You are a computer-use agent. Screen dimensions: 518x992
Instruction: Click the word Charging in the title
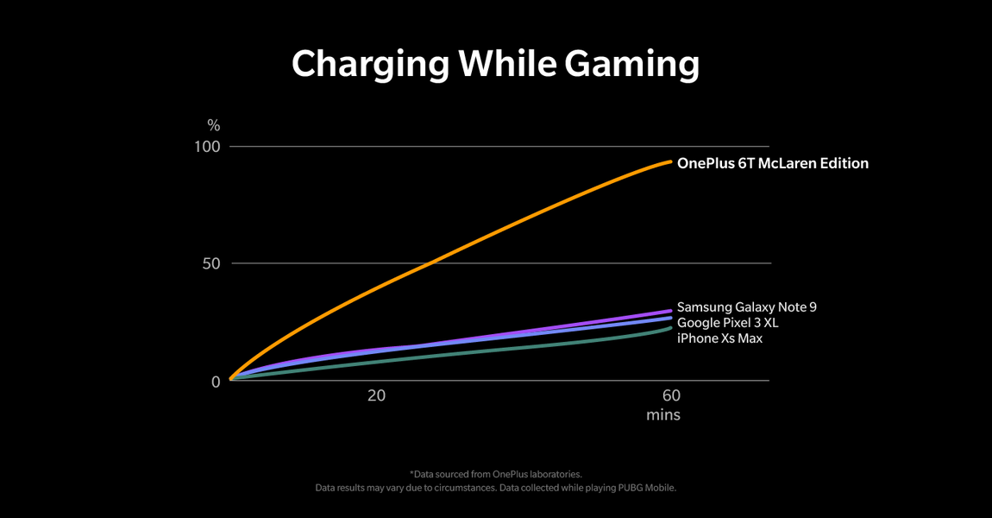[x=370, y=65]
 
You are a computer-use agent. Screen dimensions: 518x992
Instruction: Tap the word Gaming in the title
[x=631, y=65]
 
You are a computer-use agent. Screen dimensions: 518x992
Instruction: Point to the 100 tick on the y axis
[x=207, y=147]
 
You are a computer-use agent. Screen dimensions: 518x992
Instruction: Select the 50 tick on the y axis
[x=211, y=263]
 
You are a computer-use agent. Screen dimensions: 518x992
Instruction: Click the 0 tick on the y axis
[x=216, y=382]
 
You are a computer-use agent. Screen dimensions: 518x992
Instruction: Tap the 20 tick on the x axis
[x=376, y=396]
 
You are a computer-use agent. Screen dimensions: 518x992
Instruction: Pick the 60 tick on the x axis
[x=671, y=396]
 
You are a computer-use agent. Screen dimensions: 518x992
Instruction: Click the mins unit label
[x=663, y=415]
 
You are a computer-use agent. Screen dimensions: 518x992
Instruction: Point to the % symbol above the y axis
[x=213, y=127]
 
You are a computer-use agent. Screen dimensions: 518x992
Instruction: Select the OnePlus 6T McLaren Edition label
[x=772, y=163]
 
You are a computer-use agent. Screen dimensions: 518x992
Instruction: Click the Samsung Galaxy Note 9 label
[x=746, y=307]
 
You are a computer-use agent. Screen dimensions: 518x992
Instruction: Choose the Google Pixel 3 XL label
[x=727, y=323]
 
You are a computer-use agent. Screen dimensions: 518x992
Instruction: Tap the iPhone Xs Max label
[x=719, y=338]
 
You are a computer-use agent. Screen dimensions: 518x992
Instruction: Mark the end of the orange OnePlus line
[x=669, y=161]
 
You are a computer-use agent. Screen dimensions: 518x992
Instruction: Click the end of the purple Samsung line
[x=670, y=311]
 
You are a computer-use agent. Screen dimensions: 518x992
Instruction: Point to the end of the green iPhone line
[x=670, y=328]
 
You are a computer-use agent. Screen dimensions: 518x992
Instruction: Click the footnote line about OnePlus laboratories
[x=496, y=474]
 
